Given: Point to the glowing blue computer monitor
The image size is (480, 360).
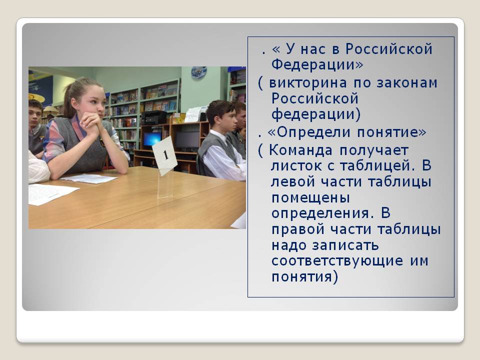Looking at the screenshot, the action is (x=152, y=138).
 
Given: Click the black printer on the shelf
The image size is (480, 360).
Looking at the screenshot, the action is (x=153, y=117).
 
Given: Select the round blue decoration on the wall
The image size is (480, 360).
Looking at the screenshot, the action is (x=199, y=72).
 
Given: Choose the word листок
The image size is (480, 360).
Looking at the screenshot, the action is (x=296, y=166).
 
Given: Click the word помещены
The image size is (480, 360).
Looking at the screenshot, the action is (x=310, y=198).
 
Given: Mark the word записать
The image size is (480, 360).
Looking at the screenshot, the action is (x=345, y=245).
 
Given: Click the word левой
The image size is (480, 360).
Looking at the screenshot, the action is (x=293, y=182).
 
